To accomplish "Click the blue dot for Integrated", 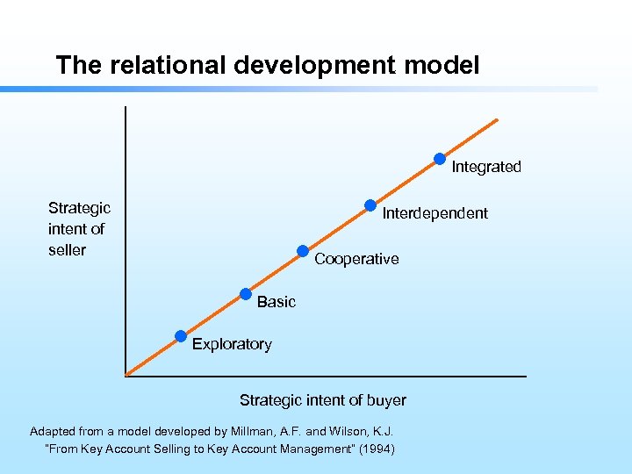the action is (x=440, y=159).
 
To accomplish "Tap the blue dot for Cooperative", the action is (x=303, y=251).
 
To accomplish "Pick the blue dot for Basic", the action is (x=246, y=294).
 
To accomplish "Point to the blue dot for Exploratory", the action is (x=181, y=335).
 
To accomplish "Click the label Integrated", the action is (x=486, y=167).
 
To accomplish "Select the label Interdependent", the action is (x=435, y=213).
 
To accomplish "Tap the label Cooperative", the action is (x=356, y=259).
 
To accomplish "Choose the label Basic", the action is (x=276, y=302).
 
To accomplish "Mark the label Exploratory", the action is (x=232, y=344).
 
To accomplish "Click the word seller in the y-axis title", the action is (x=68, y=250).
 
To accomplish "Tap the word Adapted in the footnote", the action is (x=54, y=431).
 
